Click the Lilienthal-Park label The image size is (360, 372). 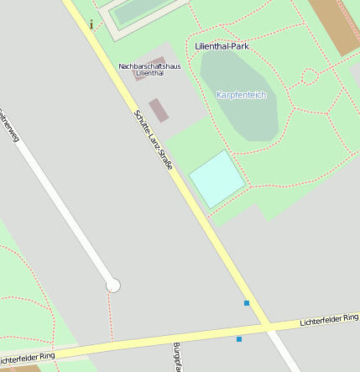(x=222, y=46)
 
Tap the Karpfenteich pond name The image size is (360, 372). (x=241, y=95)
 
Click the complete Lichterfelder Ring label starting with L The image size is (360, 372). (x=330, y=319)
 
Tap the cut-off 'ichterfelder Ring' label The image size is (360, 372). (x=29, y=355)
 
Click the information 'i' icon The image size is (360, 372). (x=91, y=24)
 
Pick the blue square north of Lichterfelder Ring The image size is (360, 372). (x=247, y=303)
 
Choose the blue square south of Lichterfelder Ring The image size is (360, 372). (x=239, y=339)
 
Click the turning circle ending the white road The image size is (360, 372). (x=113, y=286)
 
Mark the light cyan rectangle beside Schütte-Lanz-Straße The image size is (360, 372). (x=217, y=179)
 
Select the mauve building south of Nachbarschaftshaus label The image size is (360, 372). (x=158, y=110)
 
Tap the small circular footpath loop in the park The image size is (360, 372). (x=309, y=77)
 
